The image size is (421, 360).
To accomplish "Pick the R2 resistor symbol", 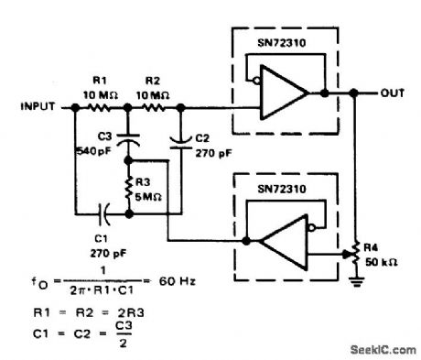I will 155,107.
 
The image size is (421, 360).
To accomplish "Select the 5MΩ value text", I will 151,193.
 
